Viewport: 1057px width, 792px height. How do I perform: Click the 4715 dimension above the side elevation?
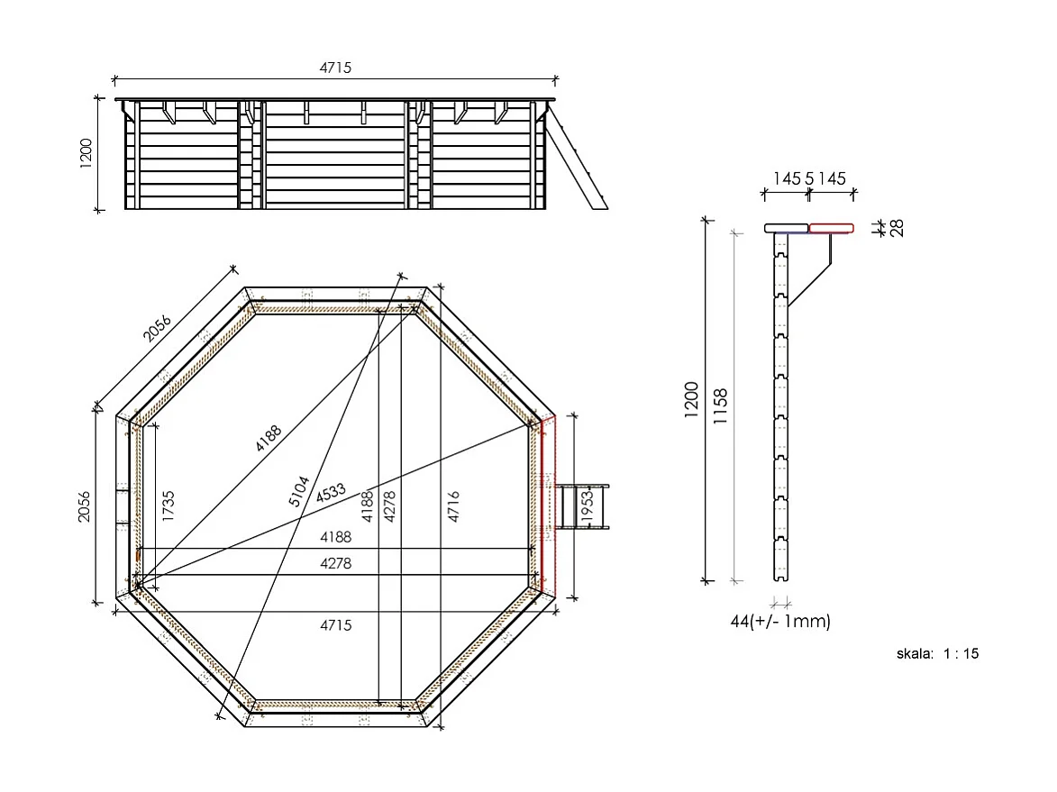(335, 68)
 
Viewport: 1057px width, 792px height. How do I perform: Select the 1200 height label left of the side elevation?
(87, 155)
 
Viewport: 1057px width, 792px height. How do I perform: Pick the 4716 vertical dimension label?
(453, 508)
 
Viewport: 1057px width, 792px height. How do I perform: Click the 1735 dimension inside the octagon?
(169, 505)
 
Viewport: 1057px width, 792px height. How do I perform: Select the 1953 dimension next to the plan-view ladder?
(587, 508)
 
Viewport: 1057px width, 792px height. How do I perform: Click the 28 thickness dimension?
(897, 228)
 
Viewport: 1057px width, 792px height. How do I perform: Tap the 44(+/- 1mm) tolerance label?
(780, 622)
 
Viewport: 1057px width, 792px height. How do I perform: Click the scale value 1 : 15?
(961, 654)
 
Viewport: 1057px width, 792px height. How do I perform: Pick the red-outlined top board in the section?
(831, 228)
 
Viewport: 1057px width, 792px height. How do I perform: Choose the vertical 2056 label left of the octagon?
(85, 506)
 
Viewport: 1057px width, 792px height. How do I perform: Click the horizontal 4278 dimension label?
(335, 564)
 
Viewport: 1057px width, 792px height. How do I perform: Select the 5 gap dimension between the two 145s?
(809, 178)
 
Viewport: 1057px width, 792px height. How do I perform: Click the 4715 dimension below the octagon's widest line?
(335, 624)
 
